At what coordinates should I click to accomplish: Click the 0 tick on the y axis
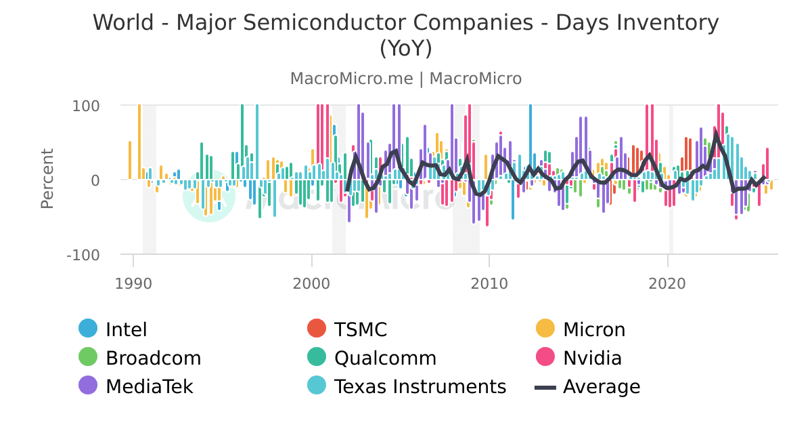click(95, 180)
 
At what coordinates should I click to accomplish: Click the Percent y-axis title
click(47, 179)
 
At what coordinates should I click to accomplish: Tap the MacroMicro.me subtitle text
click(351, 79)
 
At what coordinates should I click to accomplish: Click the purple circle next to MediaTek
click(89, 386)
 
